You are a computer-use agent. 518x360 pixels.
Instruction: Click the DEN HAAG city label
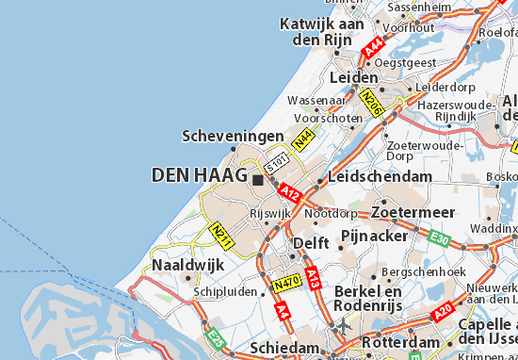(x=199, y=175)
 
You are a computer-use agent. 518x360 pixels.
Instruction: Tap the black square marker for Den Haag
(x=256, y=176)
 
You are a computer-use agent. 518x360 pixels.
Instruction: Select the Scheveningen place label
(x=233, y=137)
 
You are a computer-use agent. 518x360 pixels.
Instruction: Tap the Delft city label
(x=311, y=242)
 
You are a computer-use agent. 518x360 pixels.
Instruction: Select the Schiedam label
(x=283, y=348)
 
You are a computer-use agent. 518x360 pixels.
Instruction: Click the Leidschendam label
(x=380, y=176)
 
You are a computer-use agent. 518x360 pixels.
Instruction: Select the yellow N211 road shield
(x=220, y=235)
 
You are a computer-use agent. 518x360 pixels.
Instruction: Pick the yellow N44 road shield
(x=302, y=140)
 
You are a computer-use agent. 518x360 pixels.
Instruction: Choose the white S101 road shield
(x=274, y=164)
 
